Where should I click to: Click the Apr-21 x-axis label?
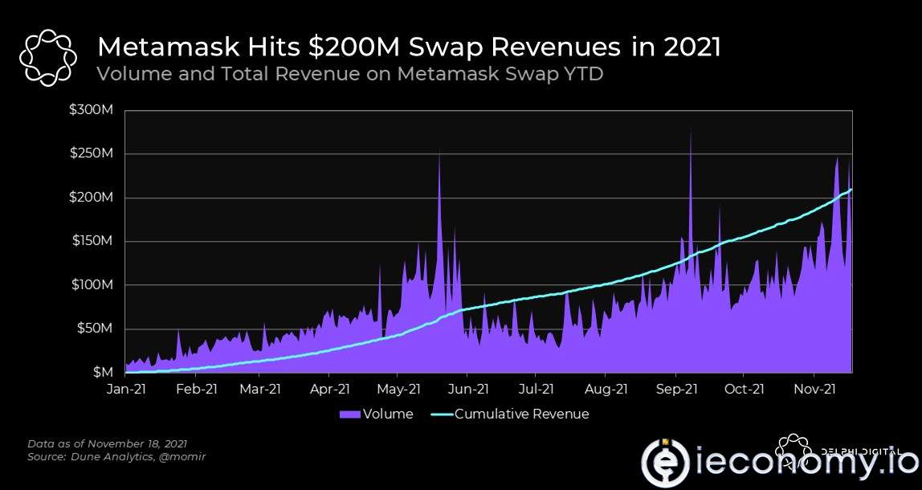[x=329, y=390]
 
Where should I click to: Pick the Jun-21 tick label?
[x=467, y=390]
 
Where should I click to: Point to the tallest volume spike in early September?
[x=691, y=133]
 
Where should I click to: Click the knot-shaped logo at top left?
[x=47, y=57]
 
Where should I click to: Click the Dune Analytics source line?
[x=120, y=456]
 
